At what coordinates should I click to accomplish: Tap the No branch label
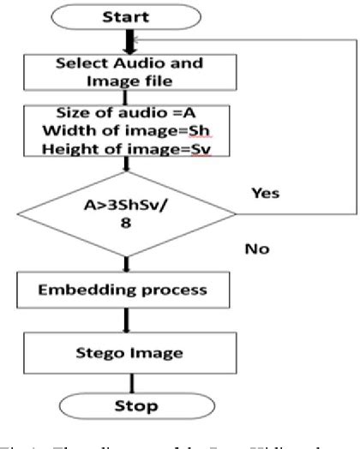[256, 250]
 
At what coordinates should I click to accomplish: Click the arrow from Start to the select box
[131, 41]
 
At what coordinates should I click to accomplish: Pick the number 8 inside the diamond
[131, 241]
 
